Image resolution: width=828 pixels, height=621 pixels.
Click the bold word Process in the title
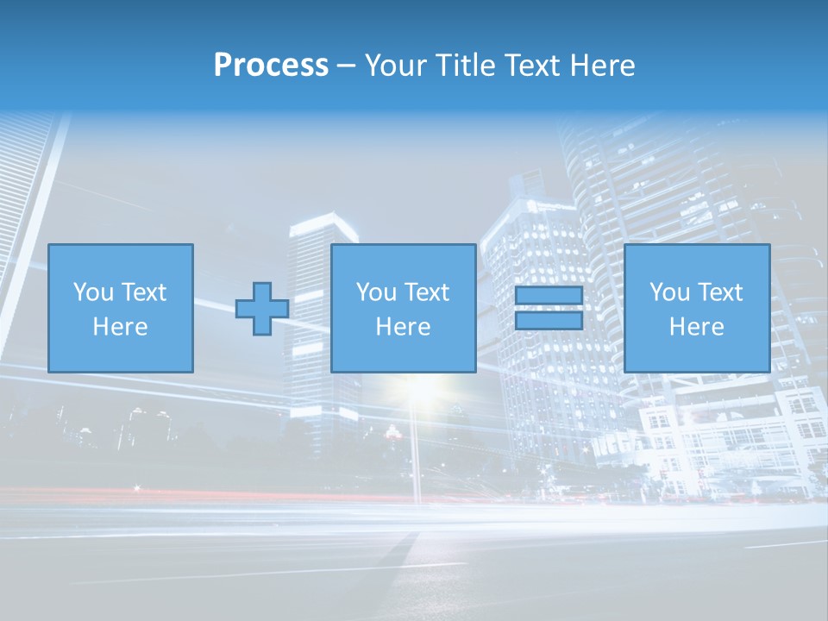tap(271, 66)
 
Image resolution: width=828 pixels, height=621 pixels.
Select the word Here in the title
tap(603, 66)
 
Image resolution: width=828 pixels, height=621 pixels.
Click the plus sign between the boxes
tap(262, 309)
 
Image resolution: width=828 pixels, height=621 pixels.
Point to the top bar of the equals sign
tap(549, 296)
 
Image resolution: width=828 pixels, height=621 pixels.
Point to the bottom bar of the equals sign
tap(549, 320)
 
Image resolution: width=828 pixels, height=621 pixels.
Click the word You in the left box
tap(92, 292)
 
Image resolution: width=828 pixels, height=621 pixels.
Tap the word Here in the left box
tap(121, 327)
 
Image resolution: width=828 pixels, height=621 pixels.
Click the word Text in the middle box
tap(427, 292)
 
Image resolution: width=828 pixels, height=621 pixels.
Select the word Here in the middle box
tap(404, 327)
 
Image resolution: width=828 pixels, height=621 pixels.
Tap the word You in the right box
tap(668, 292)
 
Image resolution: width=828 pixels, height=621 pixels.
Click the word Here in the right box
tap(697, 327)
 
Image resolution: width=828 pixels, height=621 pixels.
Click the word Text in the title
tap(530, 66)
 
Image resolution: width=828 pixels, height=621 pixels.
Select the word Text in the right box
tap(720, 292)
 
